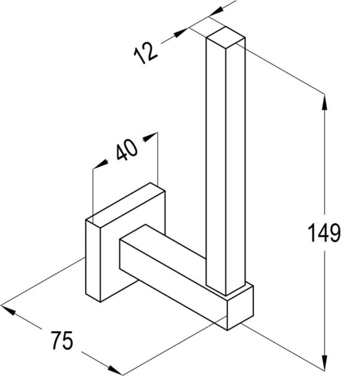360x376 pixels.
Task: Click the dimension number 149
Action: (324, 233)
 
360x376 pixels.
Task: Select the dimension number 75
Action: (62, 340)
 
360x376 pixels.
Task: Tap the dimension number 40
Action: (127, 149)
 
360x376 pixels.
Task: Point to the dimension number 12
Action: (145, 53)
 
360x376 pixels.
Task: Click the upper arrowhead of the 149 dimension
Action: (325, 103)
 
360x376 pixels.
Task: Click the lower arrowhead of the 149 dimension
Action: (325, 363)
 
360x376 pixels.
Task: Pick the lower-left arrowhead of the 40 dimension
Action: (101, 164)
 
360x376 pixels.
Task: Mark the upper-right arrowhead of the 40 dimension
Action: (150, 136)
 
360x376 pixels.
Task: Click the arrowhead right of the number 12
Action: (181, 32)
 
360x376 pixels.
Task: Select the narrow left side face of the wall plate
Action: (93, 260)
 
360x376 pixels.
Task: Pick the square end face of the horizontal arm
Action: (240, 308)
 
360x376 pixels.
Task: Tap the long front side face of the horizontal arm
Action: (173, 285)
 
